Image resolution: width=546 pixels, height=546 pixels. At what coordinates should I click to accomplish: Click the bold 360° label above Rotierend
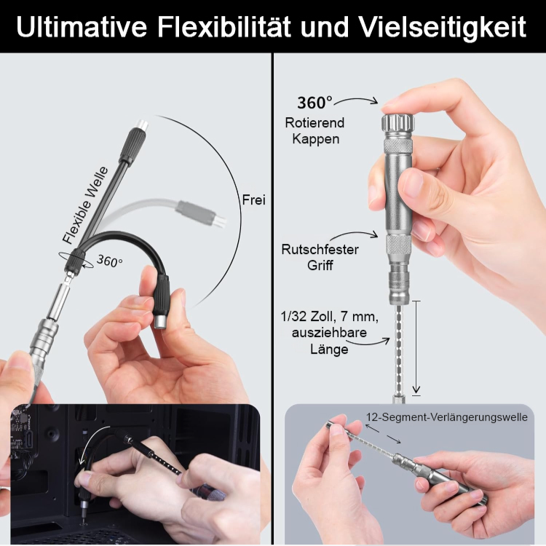pos(314,103)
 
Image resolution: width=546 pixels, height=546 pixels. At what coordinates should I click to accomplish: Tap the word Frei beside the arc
pos(253,199)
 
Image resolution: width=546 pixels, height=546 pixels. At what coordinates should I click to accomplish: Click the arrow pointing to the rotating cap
pos(359,100)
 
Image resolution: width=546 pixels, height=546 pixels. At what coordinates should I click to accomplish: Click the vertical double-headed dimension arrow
pos(416,347)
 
